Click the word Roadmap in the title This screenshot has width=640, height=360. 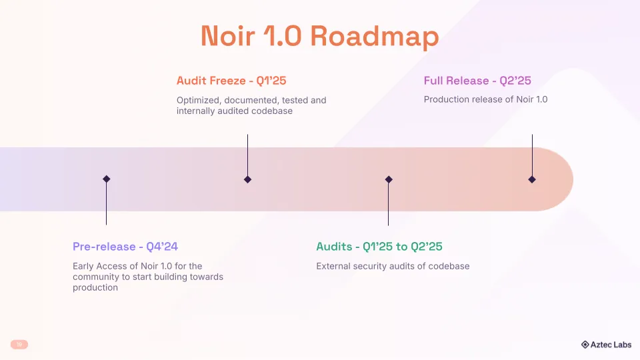point(375,37)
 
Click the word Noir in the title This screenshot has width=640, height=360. point(227,37)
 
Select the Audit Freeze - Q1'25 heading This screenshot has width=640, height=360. point(231,81)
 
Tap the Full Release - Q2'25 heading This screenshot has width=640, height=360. point(477,81)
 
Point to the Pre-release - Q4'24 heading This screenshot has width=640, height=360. point(125,247)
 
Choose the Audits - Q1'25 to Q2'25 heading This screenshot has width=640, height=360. point(379,247)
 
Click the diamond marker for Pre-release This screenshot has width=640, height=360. point(106,179)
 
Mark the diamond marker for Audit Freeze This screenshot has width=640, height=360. point(247,179)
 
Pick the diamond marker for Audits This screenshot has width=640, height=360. point(389,179)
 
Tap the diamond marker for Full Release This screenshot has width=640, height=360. point(532,179)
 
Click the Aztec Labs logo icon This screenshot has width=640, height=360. point(585,345)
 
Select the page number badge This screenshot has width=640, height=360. point(19,344)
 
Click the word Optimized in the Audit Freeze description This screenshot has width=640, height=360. point(198,100)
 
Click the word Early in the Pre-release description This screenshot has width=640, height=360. point(84,266)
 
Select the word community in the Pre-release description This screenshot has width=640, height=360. point(97,277)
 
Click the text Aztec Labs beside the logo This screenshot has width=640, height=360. point(611,345)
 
